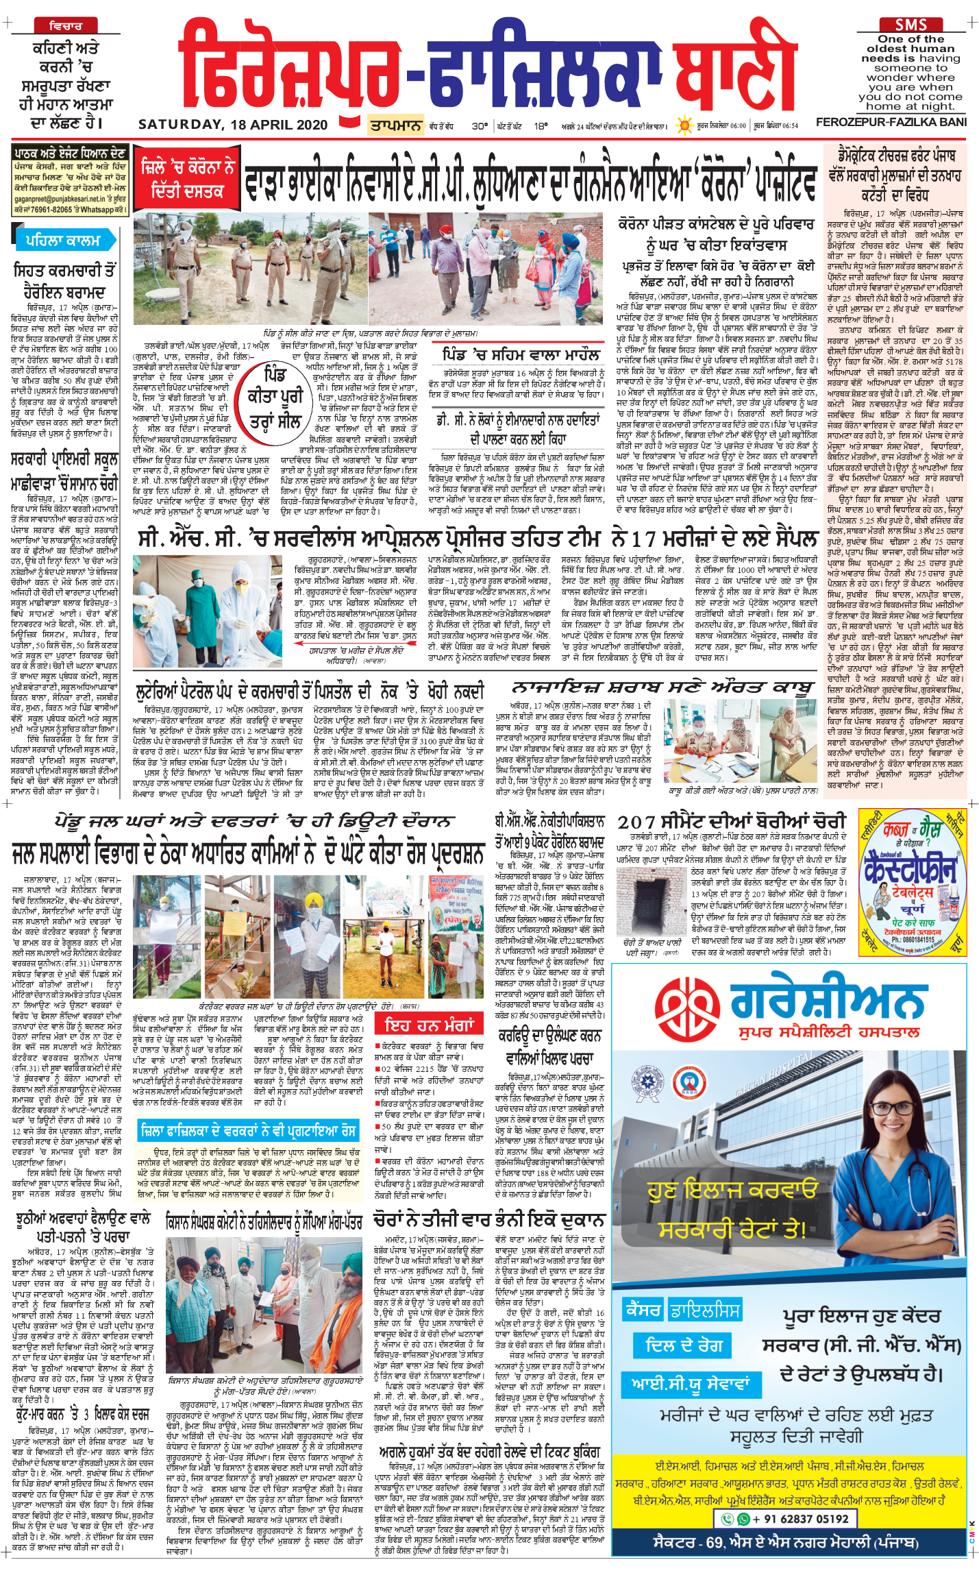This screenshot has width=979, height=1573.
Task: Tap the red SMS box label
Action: click(910, 25)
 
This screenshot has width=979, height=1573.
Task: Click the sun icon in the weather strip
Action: click(684, 125)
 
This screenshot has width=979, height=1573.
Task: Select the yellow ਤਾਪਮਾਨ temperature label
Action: click(396, 125)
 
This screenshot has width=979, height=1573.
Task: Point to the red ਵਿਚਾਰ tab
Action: click(66, 26)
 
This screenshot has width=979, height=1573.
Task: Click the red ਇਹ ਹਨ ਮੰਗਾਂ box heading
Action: click(430, 1025)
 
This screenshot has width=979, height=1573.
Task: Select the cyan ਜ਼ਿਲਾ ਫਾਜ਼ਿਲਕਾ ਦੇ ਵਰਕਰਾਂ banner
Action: click(248, 1130)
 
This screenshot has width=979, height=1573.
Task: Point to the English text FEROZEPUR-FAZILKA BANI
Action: click(891, 122)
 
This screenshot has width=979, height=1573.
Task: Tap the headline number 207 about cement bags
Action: click(637, 822)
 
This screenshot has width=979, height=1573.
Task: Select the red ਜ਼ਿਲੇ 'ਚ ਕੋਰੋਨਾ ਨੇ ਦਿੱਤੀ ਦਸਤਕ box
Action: click(187, 178)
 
